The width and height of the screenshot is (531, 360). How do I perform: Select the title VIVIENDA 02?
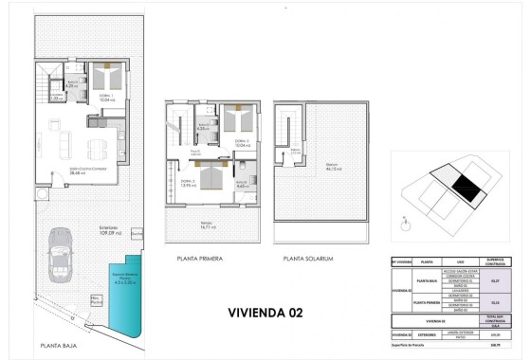(x=265, y=312)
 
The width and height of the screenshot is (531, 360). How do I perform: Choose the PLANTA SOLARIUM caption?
(x=308, y=258)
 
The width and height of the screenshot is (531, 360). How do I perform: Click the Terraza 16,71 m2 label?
(x=210, y=225)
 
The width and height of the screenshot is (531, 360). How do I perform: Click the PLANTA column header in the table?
(x=427, y=261)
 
